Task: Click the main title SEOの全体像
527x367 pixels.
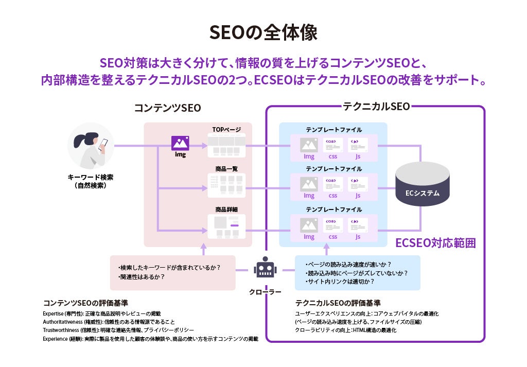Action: coord(263,32)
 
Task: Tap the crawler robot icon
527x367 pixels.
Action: coord(265,269)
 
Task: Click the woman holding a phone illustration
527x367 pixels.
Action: coord(91,146)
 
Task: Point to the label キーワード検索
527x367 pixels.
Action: coord(91,177)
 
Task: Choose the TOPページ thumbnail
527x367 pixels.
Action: coord(226,145)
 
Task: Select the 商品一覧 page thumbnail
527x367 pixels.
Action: coord(226,186)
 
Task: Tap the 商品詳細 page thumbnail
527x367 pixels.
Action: coord(226,226)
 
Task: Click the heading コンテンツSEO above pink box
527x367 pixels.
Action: coord(167,108)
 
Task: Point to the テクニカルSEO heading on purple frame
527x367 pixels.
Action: coord(376,107)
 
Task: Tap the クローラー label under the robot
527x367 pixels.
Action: coord(265,292)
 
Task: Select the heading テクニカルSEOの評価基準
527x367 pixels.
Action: coord(338,303)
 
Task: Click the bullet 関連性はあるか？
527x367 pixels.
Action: coord(142,277)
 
